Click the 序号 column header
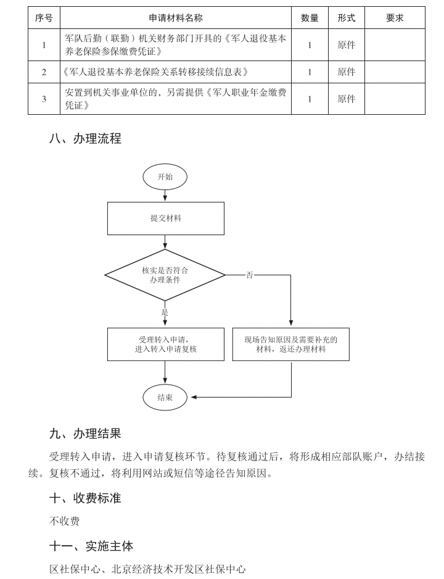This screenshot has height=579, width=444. (x=44, y=18)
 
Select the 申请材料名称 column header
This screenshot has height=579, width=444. (x=176, y=18)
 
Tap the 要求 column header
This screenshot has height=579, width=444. (x=395, y=18)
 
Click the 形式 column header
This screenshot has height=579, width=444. (x=347, y=18)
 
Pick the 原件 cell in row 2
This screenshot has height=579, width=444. (x=347, y=72)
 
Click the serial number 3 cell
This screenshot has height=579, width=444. (x=44, y=99)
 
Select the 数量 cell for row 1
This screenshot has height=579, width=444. (x=310, y=45)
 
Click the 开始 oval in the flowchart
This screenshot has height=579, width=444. (x=165, y=177)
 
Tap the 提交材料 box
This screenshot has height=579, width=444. (x=165, y=218)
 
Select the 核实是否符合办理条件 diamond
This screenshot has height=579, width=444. (x=165, y=275)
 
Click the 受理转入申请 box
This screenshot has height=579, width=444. (x=165, y=344)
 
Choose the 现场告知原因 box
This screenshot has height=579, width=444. (x=290, y=344)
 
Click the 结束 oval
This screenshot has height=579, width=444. (x=165, y=398)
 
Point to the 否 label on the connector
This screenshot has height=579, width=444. (x=250, y=275)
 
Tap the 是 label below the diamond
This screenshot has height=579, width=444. (x=165, y=312)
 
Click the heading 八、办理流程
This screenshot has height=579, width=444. (x=85, y=139)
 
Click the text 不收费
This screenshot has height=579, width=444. (x=64, y=521)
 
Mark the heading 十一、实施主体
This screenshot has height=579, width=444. (x=91, y=546)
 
